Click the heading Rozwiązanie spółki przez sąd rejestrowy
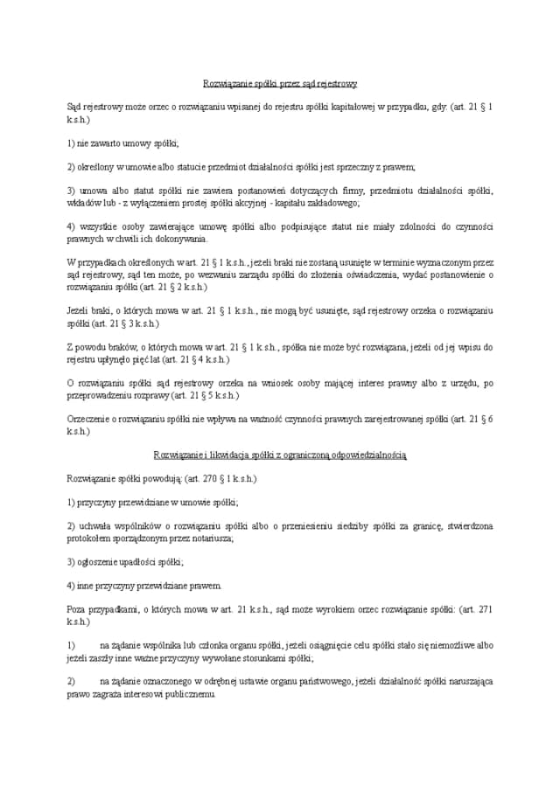[280, 84]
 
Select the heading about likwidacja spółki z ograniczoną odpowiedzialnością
[280, 455]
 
